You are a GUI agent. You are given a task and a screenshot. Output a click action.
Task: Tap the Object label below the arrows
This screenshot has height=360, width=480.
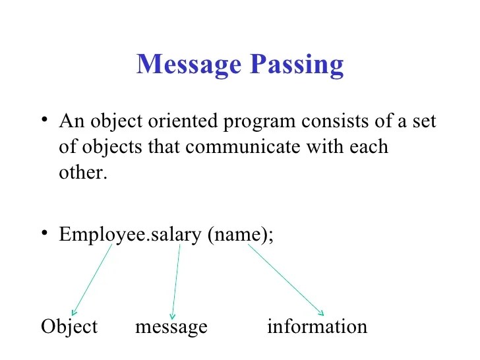[x=69, y=326]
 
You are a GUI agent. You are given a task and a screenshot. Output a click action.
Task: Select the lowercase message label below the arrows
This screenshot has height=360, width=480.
[x=171, y=326]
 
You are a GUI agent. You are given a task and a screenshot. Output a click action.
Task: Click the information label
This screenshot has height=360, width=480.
[x=317, y=326]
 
